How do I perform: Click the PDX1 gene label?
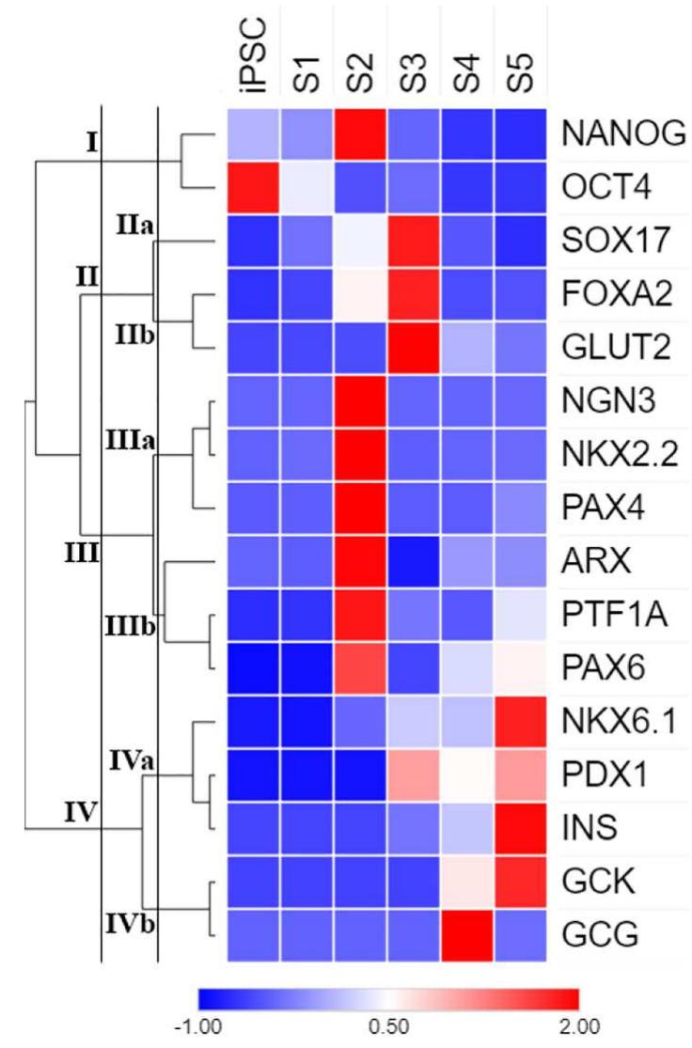pyautogui.click(x=599, y=776)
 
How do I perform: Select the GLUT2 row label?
pyautogui.click(x=608, y=348)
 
